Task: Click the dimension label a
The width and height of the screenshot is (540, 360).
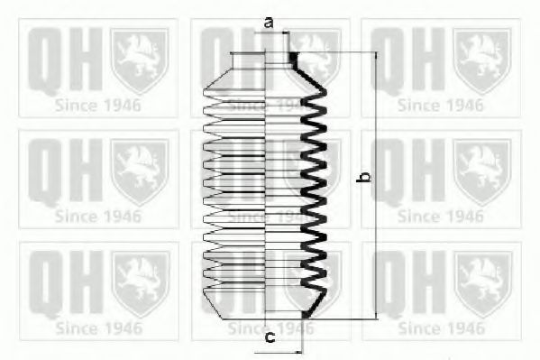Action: coord(269,23)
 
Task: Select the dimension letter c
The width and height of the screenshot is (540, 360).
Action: coord(270,337)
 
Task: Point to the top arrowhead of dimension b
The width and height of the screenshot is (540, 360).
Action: coord(377,55)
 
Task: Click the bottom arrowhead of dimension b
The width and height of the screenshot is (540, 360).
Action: coord(377,316)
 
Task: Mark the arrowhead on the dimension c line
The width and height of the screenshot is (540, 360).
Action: coord(298,353)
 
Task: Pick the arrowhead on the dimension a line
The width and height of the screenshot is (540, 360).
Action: coord(285,32)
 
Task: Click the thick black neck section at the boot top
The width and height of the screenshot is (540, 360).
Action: coord(293,60)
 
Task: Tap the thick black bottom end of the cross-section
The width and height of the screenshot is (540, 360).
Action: coord(306,314)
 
